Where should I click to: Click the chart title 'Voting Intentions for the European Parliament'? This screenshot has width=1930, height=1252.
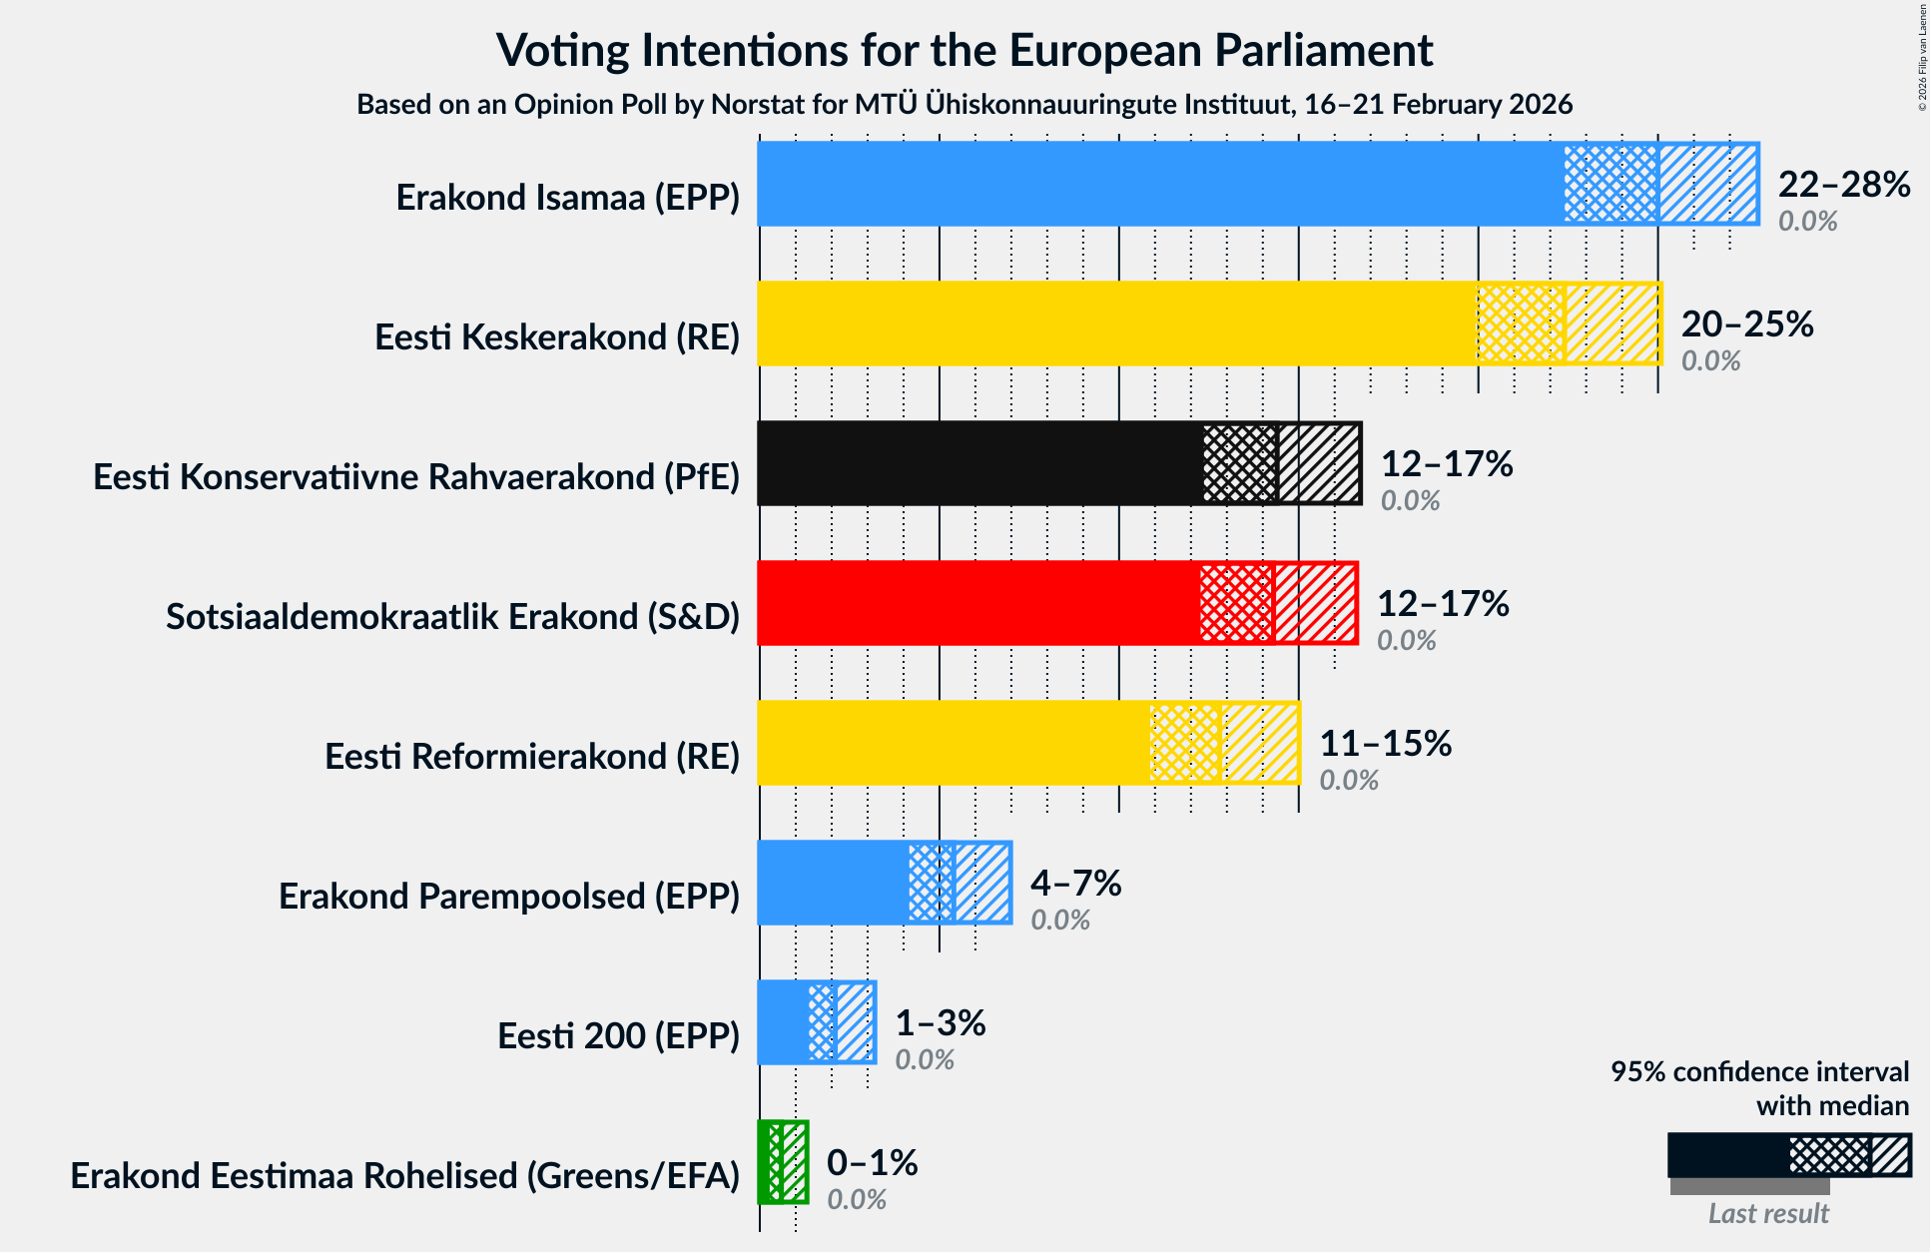coord(965,51)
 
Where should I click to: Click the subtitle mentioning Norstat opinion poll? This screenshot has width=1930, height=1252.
coord(965,105)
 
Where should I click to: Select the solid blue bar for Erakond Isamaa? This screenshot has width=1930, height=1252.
coord(1158,184)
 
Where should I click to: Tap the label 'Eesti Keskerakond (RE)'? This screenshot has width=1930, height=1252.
coord(557,337)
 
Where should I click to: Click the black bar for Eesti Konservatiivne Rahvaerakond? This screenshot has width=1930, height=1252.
coord(978,463)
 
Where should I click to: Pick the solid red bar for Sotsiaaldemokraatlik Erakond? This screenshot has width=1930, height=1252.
coord(978,603)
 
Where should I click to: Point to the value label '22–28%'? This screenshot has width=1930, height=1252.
coord(1843,185)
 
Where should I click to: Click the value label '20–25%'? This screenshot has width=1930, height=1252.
coord(1746,324)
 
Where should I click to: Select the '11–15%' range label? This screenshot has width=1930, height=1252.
coord(1385,744)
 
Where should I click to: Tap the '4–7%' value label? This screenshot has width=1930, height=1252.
coord(1075,884)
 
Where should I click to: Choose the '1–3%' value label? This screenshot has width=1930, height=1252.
coord(940,1023)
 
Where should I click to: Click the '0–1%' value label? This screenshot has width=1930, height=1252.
coord(872,1163)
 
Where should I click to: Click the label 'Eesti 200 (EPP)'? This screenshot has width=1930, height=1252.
coord(618,1036)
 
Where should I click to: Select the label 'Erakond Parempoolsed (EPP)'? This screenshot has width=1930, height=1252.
coord(509,897)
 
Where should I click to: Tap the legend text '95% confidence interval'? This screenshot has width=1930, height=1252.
coord(1759,1072)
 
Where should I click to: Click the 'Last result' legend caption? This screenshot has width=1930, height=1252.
coord(1767,1213)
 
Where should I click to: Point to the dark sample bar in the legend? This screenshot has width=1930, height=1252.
coord(1727,1156)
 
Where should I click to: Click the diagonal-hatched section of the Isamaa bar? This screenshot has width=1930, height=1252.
coord(1707,184)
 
